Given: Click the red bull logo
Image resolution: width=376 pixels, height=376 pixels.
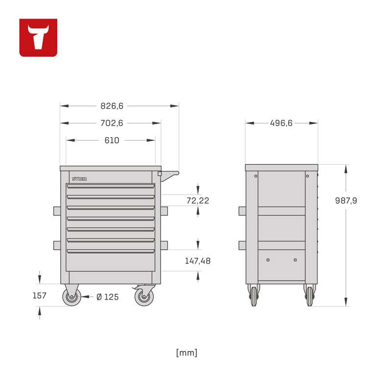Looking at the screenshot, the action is tap(38, 38).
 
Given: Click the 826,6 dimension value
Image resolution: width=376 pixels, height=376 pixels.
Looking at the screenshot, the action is tap(112, 106).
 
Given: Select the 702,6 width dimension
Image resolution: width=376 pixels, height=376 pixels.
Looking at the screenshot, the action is tap(112, 123).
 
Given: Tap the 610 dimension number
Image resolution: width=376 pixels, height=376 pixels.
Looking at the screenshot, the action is tap(112, 141).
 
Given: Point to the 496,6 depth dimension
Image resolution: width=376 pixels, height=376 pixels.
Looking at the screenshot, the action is tap(282, 123).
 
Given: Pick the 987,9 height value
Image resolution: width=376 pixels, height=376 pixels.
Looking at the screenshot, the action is tap(346, 200).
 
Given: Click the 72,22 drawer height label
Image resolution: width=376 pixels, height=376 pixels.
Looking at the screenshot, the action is tap(198, 200).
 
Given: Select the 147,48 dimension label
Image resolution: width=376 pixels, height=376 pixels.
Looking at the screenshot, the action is tap(198, 261).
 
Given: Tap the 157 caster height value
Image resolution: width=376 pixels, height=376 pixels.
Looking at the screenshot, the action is tap(39, 295).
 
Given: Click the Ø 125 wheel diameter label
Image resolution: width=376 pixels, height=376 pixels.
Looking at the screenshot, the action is tap(107, 297).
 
